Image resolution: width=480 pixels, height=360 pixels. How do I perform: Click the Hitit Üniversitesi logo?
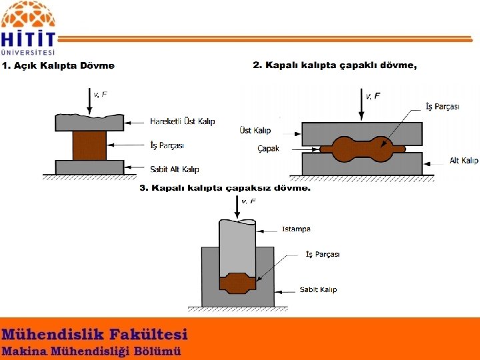29,29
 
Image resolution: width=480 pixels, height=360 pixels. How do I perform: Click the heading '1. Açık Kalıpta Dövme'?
58,65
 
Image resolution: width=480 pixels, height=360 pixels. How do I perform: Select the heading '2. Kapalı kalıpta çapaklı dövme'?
335,65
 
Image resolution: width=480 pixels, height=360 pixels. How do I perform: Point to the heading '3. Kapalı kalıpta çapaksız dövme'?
225,188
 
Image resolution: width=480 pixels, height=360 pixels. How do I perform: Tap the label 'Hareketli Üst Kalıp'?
182,121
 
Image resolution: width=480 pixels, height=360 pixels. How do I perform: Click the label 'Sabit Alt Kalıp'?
174,169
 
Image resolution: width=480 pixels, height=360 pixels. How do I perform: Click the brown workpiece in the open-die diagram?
89,145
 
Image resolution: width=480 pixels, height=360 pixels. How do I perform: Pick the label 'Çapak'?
268,149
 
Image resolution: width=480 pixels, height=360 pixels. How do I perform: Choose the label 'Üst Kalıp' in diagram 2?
255,131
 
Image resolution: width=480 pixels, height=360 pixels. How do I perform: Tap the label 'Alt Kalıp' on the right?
463,161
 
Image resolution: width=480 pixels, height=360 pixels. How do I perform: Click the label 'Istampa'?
296,229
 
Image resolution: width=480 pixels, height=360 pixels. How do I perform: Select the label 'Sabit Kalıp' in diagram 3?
318,289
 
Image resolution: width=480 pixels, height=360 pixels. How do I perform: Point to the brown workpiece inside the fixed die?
238,283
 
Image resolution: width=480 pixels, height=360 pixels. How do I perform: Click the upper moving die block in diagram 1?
89,122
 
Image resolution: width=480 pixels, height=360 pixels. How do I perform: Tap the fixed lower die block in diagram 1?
89,167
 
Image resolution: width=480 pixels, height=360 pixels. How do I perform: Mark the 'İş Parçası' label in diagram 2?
442,107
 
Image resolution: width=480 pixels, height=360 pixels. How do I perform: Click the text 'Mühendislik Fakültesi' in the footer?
95,334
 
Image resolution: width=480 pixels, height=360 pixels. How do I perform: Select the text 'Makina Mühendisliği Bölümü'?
91,351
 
